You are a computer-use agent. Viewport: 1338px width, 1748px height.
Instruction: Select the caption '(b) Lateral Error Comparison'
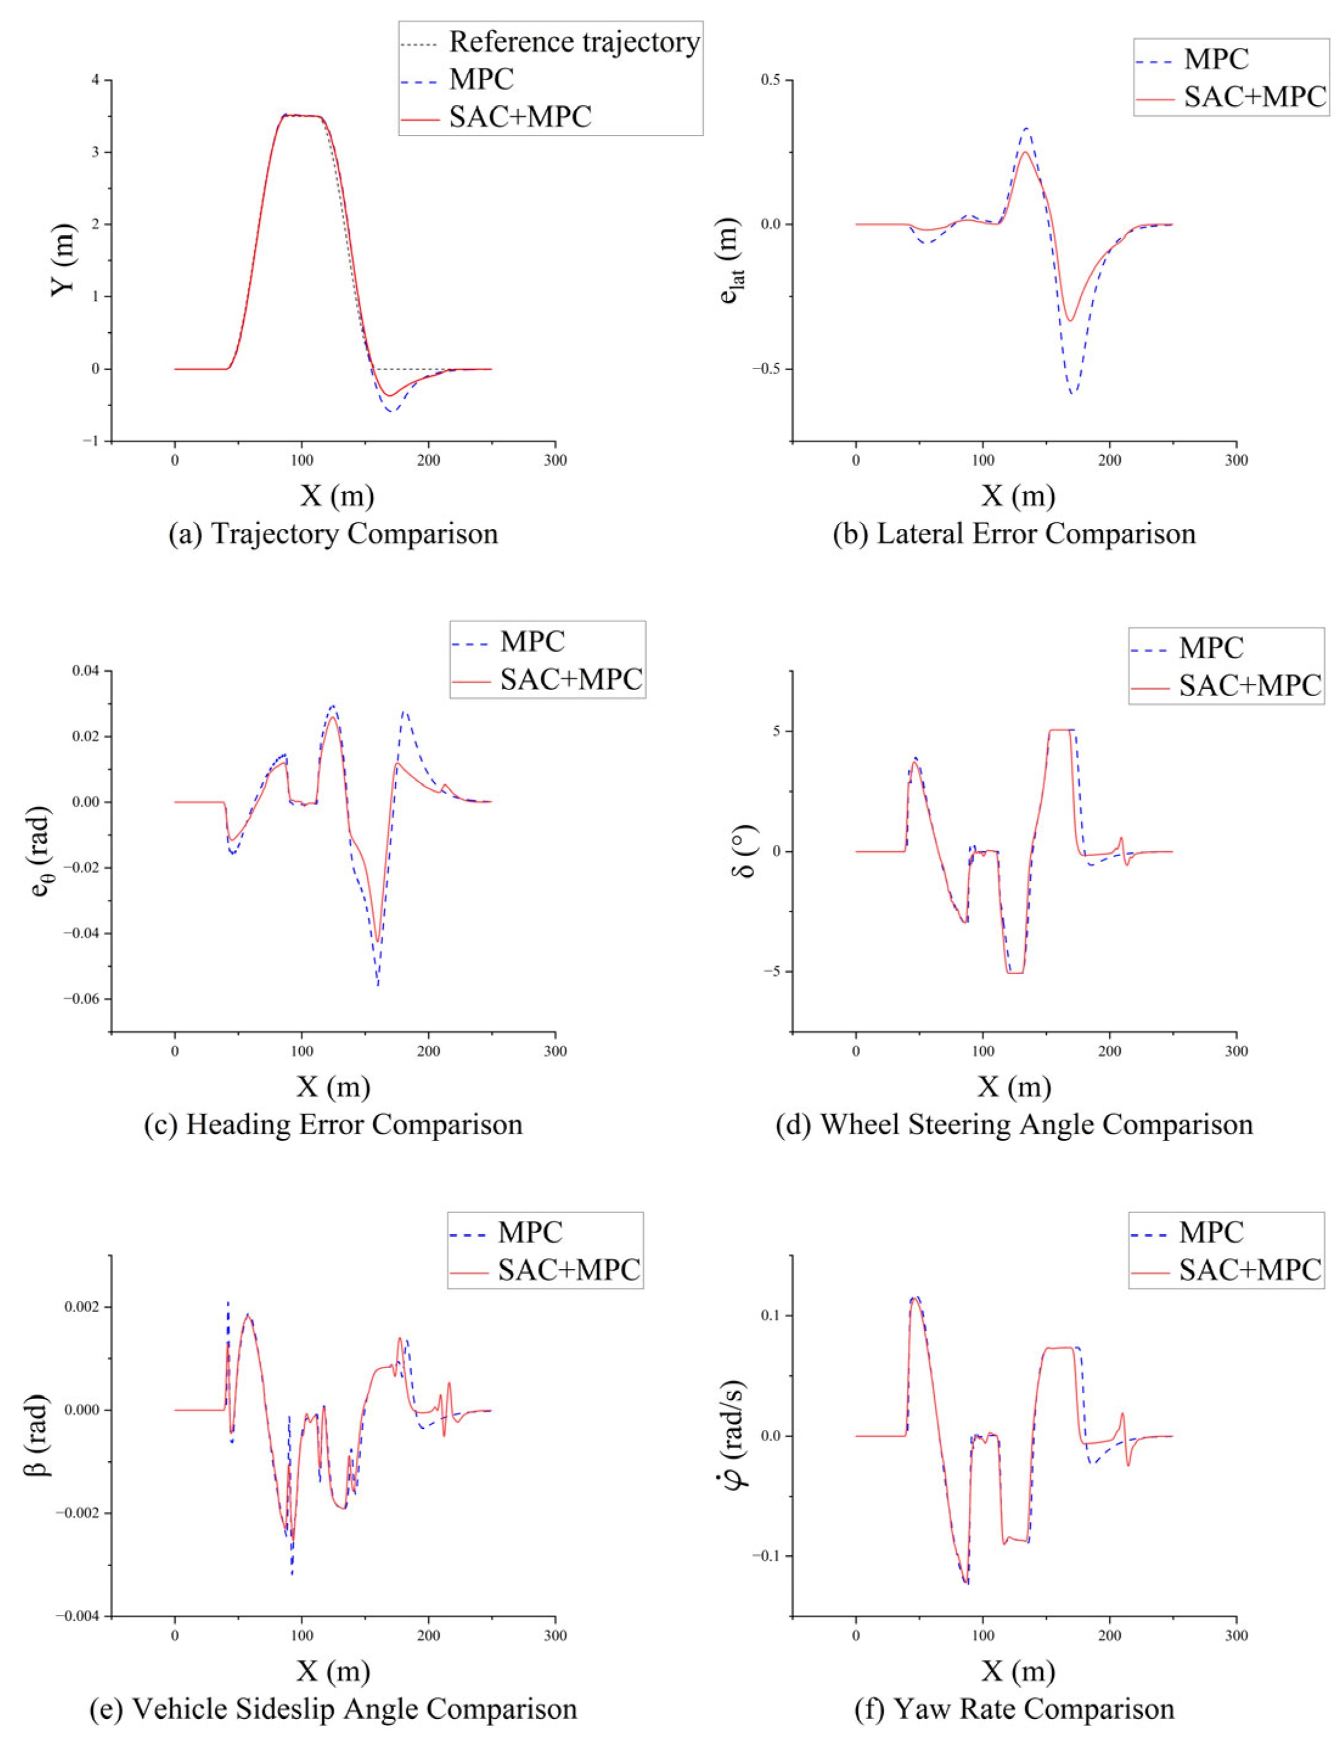pos(1014,534)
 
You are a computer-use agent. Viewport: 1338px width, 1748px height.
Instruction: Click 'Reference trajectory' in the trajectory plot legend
pos(575,41)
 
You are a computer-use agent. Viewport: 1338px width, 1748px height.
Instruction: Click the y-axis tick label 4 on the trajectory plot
pos(95,80)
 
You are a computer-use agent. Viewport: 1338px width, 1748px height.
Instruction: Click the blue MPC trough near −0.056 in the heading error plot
pos(378,986)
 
